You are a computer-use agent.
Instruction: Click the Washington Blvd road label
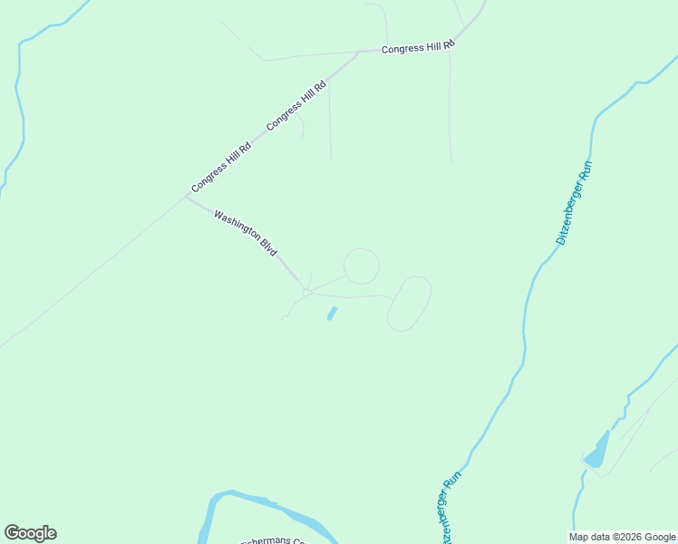tap(245, 233)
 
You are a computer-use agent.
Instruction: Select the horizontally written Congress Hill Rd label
tap(417, 48)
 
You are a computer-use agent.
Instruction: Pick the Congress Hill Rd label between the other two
tap(296, 106)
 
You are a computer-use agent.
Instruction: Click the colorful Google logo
tap(30, 533)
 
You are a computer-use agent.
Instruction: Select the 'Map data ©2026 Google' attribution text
tap(622, 537)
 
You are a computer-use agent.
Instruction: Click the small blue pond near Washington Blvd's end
tap(332, 314)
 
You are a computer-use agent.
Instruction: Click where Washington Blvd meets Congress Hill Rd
tap(187, 196)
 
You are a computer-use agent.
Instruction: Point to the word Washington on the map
tap(237, 227)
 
